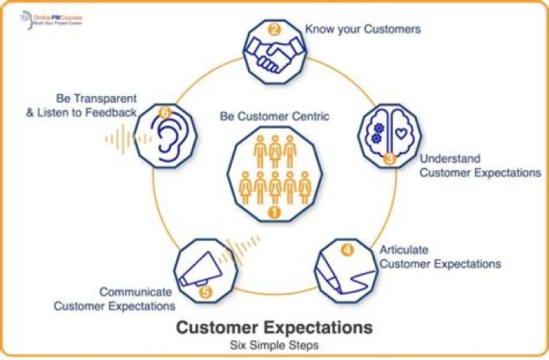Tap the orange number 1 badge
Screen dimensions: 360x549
coord(274,212)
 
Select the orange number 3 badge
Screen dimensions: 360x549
coord(389,159)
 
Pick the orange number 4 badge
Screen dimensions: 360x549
coord(347,249)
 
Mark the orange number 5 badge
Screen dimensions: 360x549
coord(204,291)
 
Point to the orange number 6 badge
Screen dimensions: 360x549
coord(163,111)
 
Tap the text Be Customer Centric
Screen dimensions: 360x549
coord(274,117)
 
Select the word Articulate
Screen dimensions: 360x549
coord(404,249)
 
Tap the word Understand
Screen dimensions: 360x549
coord(450,159)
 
